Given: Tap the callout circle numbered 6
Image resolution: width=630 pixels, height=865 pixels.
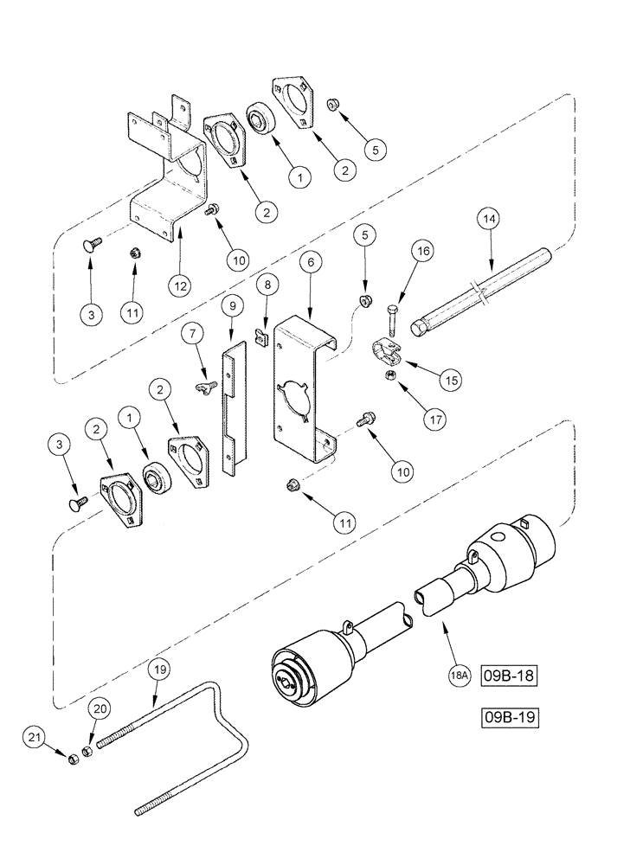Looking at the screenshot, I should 307,259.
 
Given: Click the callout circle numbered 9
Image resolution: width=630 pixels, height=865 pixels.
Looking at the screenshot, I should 231,307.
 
